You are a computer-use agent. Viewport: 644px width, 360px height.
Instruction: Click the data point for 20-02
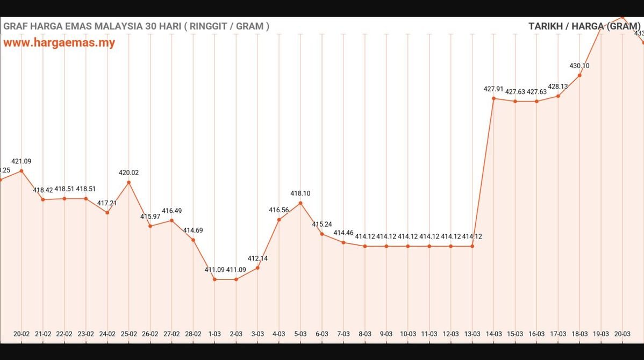pyautogui.click(x=22, y=171)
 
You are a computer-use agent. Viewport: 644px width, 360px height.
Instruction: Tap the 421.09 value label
pyautogui.click(x=22, y=161)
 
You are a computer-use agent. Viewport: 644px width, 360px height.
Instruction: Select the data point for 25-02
pyautogui.click(x=128, y=182)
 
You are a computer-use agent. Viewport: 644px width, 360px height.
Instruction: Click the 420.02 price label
pyautogui.click(x=128, y=172)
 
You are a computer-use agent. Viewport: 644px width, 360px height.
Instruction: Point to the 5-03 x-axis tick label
pyautogui.click(x=300, y=334)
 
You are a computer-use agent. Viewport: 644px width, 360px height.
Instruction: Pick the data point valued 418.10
pyautogui.click(x=300, y=203)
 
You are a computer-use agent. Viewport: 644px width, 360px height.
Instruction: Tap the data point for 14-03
pyautogui.click(x=493, y=98)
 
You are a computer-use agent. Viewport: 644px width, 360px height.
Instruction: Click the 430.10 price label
pyautogui.click(x=579, y=66)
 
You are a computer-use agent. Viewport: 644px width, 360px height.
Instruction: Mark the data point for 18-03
pyautogui.click(x=579, y=75)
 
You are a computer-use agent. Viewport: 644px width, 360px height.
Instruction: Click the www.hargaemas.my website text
pyautogui.click(x=59, y=43)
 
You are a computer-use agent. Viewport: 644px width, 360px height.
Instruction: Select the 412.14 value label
pyautogui.click(x=257, y=258)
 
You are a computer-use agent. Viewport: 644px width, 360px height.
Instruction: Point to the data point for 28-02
pyautogui.click(x=193, y=240)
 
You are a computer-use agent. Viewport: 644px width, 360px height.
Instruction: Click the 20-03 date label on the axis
pyautogui.click(x=622, y=334)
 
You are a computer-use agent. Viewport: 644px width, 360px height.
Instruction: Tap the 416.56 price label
pyautogui.click(x=279, y=210)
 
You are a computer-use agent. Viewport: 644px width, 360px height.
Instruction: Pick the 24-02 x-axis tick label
pyautogui.click(x=107, y=334)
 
